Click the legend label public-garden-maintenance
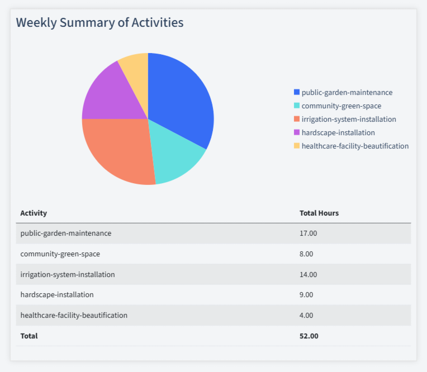pyautogui.click(x=347, y=92)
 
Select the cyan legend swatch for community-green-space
pyautogui.click(x=297, y=106)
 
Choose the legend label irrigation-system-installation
pyautogui.click(x=348, y=119)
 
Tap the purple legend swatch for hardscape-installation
pyautogui.click(x=297, y=132)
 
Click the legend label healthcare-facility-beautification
pyautogui.click(x=355, y=146)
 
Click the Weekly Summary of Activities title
pyautogui.click(x=99, y=22)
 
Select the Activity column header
pyautogui.click(x=34, y=213)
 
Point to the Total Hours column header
pyautogui.click(x=319, y=213)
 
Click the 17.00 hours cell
pyautogui.click(x=308, y=233)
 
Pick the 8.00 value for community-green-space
pyautogui.click(x=306, y=254)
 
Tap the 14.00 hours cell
pyautogui.click(x=308, y=274)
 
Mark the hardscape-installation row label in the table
pyautogui.click(x=57, y=294)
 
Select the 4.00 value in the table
pyautogui.click(x=306, y=315)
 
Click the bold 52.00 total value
pyautogui.click(x=309, y=336)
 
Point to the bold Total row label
pyautogui.click(x=29, y=336)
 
